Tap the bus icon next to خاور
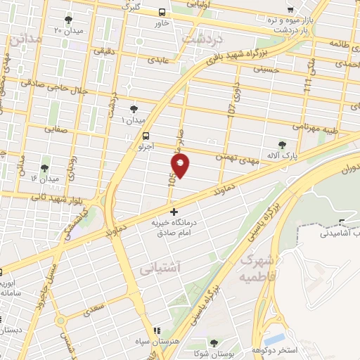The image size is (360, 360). [x=162, y=12]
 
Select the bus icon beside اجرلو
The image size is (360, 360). [x=146, y=136]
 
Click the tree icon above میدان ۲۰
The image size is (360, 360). [x=68, y=20]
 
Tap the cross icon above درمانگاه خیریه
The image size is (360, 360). [x=174, y=211]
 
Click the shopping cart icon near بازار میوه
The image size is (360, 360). [x=290, y=10]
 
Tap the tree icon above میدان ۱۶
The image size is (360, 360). [x=45, y=167]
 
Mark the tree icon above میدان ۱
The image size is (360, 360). [x=134, y=108]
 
